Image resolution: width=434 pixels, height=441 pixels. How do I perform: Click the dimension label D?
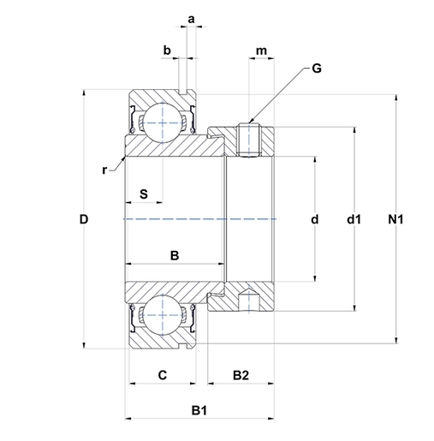[x=83, y=220]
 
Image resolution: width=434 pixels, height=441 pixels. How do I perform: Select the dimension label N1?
[x=395, y=220]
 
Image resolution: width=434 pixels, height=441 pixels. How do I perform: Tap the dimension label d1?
[x=354, y=220]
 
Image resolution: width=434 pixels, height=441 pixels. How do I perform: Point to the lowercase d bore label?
[x=315, y=220]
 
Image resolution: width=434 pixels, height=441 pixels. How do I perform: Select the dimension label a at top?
[x=191, y=17]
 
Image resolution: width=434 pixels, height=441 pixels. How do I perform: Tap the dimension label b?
[x=168, y=51]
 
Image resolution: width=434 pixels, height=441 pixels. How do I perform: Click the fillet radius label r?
[x=104, y=170]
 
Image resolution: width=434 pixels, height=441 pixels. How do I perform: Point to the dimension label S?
[x=144, y=194]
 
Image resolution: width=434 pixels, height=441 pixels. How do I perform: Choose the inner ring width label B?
[x=174, y=254]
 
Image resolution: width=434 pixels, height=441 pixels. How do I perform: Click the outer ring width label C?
[x=161, y=374]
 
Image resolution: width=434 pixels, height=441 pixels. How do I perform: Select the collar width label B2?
[x=241, y=374]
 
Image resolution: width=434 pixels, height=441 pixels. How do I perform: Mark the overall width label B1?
[x=199, y=411]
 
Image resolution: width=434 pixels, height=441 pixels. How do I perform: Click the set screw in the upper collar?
[x=249, y=140]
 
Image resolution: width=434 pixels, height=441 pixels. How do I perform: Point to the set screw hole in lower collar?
[x=249, y=301]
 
